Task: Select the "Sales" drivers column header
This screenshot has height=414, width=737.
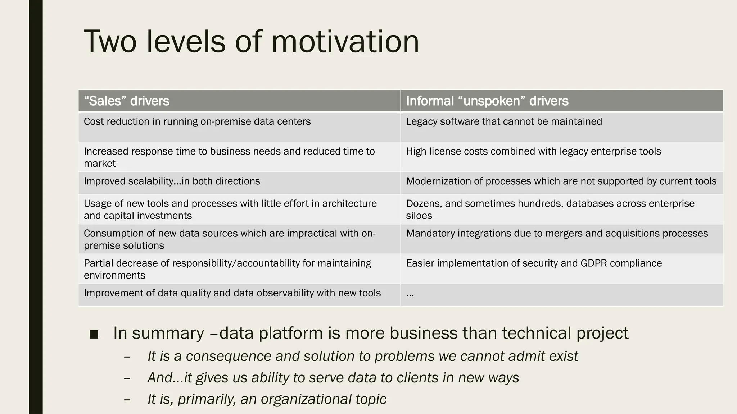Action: coord(127,101)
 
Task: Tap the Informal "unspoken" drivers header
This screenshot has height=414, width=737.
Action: coord(487,101)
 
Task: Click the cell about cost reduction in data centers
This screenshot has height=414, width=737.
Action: coord(197,122)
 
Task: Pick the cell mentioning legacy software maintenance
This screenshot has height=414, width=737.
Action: coord(504,122)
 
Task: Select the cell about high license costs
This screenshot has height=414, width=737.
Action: coord(533,152)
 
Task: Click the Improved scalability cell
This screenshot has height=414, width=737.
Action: coord(172,181)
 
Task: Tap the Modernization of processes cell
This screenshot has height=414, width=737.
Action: coord(561,181)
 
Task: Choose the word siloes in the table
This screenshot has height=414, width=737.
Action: coord(419,216)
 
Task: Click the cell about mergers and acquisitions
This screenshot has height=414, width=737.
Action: coord(557,234)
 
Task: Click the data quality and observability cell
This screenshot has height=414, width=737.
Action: coord(232,293)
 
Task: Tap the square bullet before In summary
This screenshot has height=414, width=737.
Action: coord(94,335)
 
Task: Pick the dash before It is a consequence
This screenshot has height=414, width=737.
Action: coord(127,357)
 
